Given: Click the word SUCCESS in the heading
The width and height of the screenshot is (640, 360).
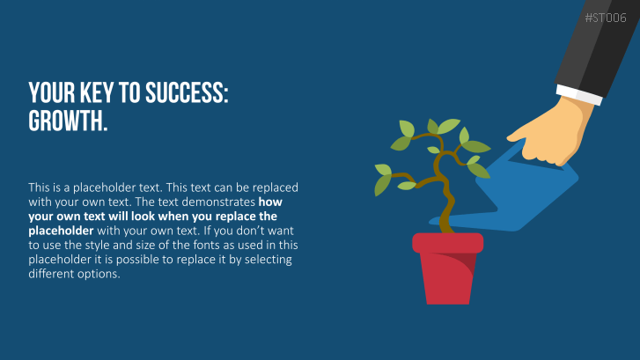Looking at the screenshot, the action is (x=187, y=92).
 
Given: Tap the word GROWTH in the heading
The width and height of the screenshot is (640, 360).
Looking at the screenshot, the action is (x=68, y=121).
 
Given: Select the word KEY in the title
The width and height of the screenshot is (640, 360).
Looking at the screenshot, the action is (x=96, y=92).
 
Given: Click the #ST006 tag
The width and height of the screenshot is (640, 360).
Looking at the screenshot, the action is (x=606, y=18).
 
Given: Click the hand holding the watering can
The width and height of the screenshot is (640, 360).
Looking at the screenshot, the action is (x=551, y=131).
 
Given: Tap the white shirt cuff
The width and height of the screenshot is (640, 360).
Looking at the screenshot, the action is (x=578, y=95).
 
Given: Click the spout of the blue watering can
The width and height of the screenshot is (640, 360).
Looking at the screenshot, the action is (x=466, y=219).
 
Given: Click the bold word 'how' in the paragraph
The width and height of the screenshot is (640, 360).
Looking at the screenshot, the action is (x=270, y=202).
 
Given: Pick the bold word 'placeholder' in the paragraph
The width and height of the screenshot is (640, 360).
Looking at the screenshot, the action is (x=61, y=231).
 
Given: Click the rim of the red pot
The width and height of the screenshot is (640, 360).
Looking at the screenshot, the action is (x=448, y=242).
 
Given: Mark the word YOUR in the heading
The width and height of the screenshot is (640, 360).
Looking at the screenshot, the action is (x=52, y=92).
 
